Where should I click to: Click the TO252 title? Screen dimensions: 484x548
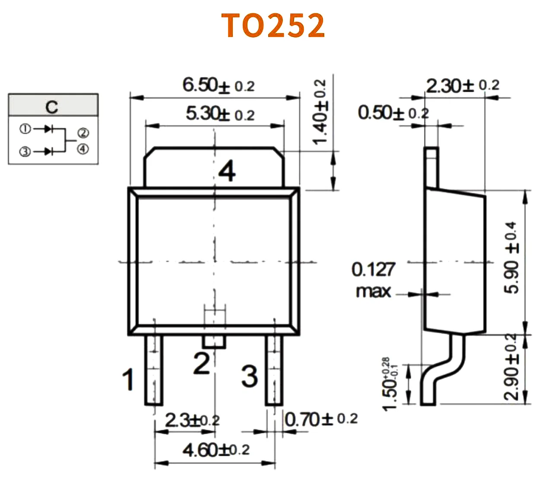(x=273, y=25)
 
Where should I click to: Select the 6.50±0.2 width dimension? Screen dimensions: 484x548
(x=218, y=85)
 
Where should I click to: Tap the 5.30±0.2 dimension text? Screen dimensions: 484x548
(x=220, y=114)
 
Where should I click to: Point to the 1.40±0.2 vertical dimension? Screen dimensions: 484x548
(x=320, y=112)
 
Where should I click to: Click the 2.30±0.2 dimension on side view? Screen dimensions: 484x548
(x=462, y=85)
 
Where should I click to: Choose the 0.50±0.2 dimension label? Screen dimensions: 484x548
(x=393, y=113)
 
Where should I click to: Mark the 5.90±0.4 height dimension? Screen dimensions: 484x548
(x=511, y=258)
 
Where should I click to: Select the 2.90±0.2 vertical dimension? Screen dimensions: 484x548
(x=511, y=367)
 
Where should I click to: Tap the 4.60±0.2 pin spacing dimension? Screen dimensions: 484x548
(x=215, y=450)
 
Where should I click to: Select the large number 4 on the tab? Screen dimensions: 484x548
(x=227, y=171)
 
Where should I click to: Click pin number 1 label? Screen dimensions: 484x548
(x=128, y=380)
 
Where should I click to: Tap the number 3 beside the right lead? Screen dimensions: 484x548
(x=250, y=376)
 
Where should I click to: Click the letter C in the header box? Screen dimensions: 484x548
(x=52, y=107)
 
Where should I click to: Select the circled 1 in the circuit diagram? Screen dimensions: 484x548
(x=25, y=129)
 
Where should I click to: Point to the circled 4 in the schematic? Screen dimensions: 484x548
(x=83, y=149)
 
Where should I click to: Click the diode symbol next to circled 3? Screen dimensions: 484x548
(x=49, y=151)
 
